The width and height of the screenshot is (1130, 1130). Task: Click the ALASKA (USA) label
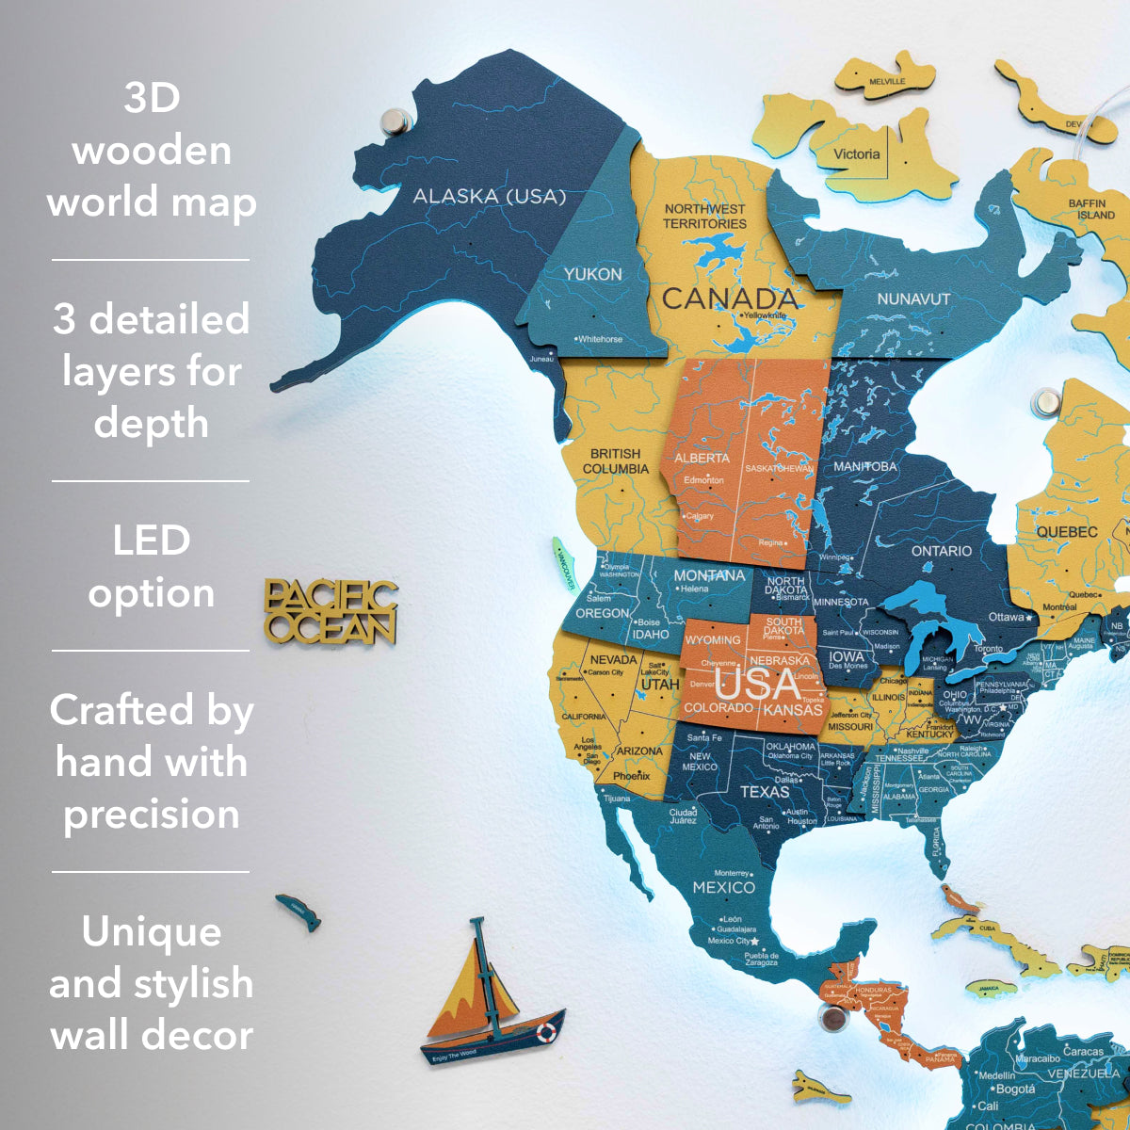click(x=490, y=196)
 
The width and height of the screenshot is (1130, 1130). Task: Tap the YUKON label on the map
click(x=592, y=274)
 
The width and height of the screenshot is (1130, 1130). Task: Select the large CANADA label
click(x=730, y=299)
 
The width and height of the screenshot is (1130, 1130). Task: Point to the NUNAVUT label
click(x=913, y=299)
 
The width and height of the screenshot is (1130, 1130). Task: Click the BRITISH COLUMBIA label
click(x=616, y=460)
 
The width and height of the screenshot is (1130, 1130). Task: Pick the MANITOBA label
click(x=865, y=466)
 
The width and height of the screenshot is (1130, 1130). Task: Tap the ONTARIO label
click(x=941, y=551)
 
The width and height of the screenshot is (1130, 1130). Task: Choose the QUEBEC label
click(x=1067, y=532)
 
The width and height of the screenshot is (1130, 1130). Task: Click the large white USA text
click(x=758, y=683)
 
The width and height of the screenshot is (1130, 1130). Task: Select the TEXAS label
click(x=764, y=791)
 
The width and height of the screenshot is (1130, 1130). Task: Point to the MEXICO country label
click(x=723, y=887)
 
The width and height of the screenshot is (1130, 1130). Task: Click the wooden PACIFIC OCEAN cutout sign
click(x=331, y=612)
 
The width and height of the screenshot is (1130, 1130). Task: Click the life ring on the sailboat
click(x=546, y=1032)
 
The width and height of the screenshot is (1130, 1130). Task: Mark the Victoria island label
click(x=856, y=154)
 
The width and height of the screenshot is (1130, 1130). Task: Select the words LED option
click(x=151, y=567)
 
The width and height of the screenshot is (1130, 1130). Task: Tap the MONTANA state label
click(x=708, y=575)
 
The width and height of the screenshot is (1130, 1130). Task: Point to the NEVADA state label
click(x=613, y=659)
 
